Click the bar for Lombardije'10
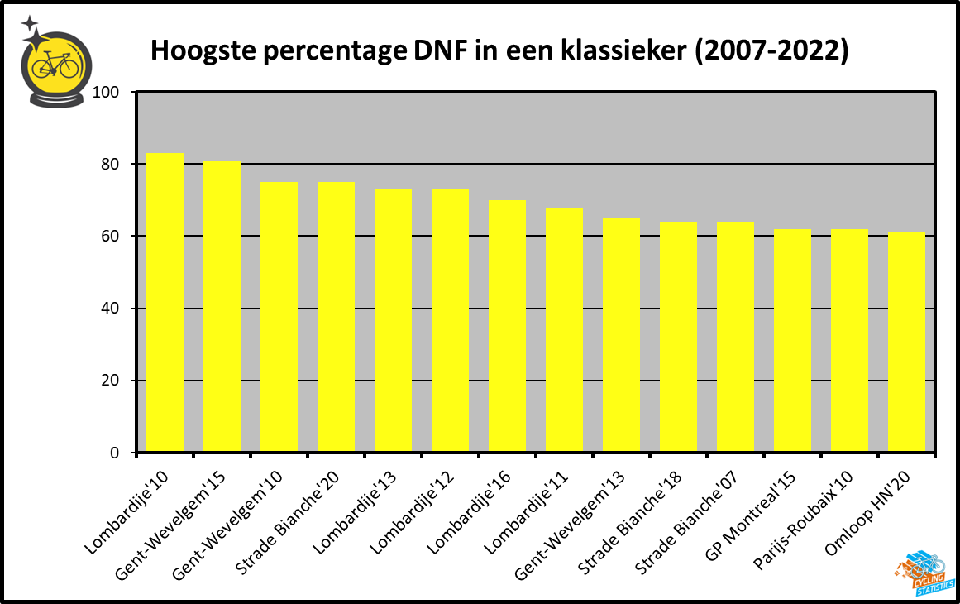[x=165, y=303]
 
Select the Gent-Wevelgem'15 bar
[x=222, y=306]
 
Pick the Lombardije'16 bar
[x=507, y=326]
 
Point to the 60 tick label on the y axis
[x=113, y=237]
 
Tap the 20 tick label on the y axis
[x=113, y=381]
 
